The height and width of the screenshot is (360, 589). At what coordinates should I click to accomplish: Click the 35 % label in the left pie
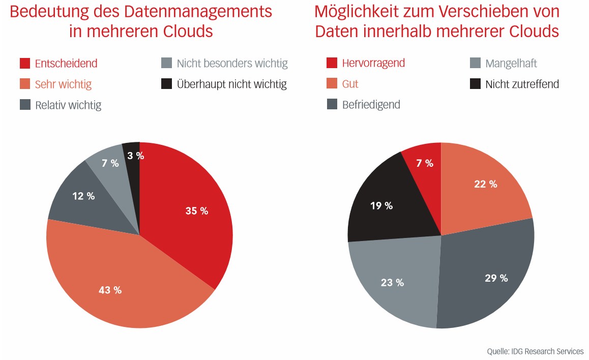point(197,211)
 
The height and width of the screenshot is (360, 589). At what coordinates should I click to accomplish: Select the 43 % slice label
point(110,290)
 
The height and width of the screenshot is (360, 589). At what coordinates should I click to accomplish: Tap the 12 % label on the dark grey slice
point(83,196)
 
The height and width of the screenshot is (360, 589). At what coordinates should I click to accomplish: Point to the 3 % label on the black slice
point(136,156)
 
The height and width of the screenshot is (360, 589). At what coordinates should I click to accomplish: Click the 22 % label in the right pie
point(486,184)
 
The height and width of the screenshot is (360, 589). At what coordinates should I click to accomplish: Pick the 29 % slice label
point(496,278)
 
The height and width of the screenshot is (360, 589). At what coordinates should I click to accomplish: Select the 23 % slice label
point(393,283)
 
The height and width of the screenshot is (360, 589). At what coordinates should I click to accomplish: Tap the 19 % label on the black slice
point(381,206)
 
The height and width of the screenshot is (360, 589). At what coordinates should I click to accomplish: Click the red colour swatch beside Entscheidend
point(25,64)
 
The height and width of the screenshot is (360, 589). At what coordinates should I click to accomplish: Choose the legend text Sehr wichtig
point(63,84)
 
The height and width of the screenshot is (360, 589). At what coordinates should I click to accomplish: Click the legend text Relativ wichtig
point(68,105)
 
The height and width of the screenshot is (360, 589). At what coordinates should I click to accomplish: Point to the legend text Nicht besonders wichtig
point(232,64)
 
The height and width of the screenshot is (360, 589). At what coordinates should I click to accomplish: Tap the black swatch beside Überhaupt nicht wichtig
point(166,84)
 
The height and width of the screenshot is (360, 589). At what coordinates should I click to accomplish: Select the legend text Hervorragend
point(373,63)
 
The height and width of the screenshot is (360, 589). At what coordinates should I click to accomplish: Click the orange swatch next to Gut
point(332,84)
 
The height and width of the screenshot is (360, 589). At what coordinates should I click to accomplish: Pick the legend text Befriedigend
point(371,105)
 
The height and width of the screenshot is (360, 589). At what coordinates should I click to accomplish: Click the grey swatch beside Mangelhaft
point(475,63)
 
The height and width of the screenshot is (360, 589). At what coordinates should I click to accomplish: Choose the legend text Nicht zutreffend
point(522,84)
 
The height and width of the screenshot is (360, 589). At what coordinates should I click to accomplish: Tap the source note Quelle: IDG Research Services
point(535,351)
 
